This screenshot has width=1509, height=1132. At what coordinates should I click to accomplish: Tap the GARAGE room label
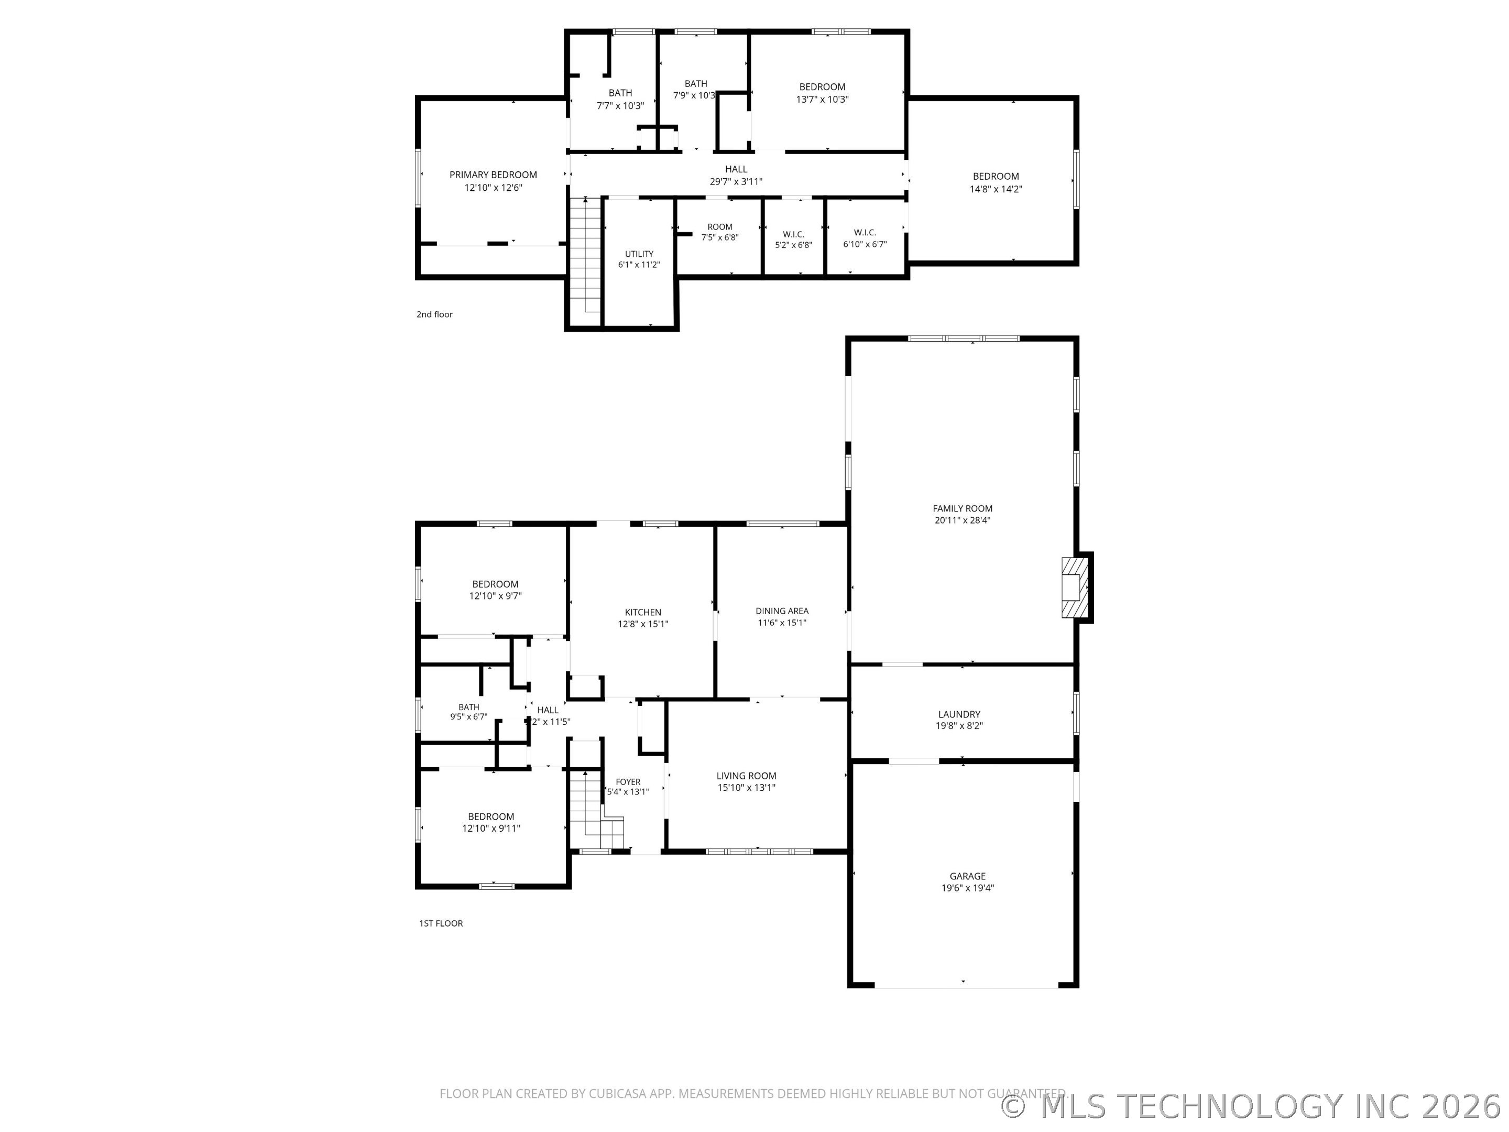tap(967, 876)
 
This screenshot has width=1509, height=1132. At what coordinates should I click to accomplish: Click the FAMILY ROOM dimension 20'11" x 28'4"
tap(962, 520)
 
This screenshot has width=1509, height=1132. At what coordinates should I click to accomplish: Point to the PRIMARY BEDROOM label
tap(493, 175)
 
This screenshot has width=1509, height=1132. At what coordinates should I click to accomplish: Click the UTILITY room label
tap(639, 254)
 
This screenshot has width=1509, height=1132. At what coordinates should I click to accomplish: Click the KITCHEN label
tap(642, 612)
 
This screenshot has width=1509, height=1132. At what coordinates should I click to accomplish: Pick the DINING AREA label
tap(782, 611)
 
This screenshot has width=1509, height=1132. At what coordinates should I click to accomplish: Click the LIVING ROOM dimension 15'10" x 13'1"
tap(746, 787)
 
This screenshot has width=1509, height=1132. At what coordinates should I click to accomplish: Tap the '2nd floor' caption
tap(434, 314)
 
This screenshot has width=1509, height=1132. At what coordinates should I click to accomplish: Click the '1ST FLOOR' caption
tap(441, 923)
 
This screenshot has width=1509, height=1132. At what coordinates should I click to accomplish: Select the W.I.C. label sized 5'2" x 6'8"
tap(793, 234)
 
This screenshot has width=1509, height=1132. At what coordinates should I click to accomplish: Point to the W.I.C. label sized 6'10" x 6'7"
tap(865, 233)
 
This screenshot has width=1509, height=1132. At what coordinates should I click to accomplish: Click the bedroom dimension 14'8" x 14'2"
tap(996, 189)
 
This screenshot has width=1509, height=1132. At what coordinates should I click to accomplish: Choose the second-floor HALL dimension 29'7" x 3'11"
tap(736, 181)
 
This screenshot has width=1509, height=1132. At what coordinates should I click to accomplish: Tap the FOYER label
tap(628, 782)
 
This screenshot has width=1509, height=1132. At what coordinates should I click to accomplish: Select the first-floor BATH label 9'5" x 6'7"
tap(468, 707)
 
